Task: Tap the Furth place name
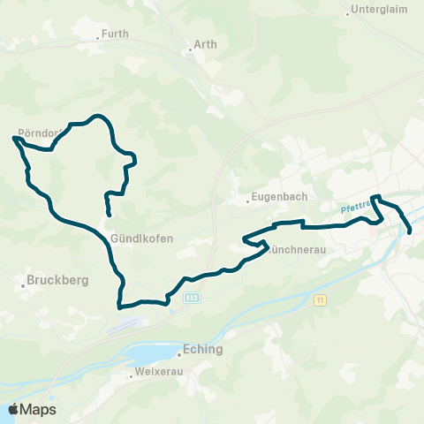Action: [x=115, y=34]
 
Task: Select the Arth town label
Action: [x=204, y=42]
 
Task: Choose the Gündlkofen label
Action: [x=142, y=238]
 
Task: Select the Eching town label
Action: [x=203, y=349]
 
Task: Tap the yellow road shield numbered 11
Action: [x=320, y=301]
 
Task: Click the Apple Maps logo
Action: [x=32, y=409]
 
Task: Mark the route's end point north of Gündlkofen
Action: [x=109, y=215]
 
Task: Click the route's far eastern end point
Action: [x=411, y=231]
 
